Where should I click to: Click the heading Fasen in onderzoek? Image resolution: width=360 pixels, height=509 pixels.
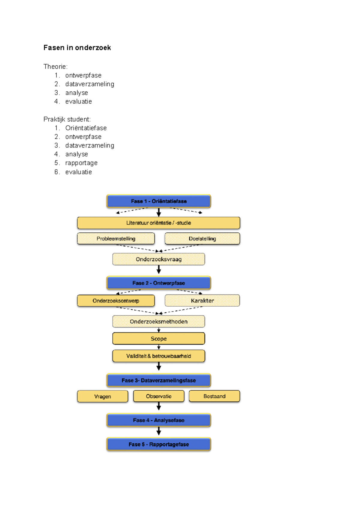coord(77,48)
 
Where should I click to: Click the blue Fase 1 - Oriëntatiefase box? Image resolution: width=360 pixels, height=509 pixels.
coord(158,201)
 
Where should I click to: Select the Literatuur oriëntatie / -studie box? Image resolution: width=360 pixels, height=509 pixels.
coord(158,223)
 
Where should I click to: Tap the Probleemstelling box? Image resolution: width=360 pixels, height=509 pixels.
coord(116,239)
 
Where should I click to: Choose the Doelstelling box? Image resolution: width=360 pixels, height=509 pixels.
coord(202,239)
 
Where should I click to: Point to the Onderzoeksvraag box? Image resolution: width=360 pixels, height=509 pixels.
coord(158,259)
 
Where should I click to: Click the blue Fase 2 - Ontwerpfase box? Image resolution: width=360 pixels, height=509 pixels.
coord(158,283)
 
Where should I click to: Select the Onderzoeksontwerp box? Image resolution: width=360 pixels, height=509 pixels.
coord(116,301)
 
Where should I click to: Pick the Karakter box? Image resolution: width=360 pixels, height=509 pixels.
coord(202,301)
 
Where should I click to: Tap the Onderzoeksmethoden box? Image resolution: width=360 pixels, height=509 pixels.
coord(158,322)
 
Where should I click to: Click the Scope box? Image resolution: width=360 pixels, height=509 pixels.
coord(158,339)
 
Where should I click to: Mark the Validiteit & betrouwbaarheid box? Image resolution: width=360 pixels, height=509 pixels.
coord(158,356)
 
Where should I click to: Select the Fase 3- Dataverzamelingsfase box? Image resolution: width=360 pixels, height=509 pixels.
coord(158,380)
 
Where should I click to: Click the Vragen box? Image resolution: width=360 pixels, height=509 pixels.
coord(103,396)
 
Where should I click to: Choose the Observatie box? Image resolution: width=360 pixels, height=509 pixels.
coord(158,396)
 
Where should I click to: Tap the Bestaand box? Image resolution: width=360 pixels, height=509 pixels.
coord(214,396)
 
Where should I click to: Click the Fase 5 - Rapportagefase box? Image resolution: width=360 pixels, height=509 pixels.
coord(158,444)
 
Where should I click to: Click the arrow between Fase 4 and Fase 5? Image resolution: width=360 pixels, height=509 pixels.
coord(159,431)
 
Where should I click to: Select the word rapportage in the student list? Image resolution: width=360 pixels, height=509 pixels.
coord(81,163)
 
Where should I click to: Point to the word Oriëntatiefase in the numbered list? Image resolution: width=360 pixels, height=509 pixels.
coord(86,128)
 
